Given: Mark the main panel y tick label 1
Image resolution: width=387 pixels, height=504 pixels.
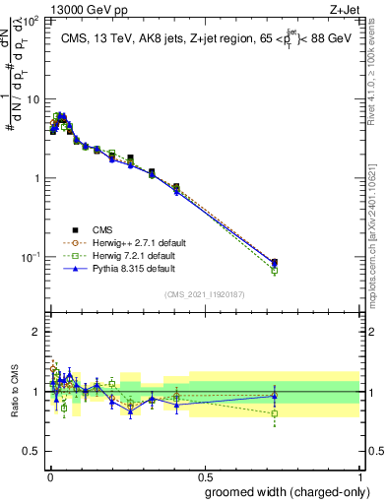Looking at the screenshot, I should click(35, 178).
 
